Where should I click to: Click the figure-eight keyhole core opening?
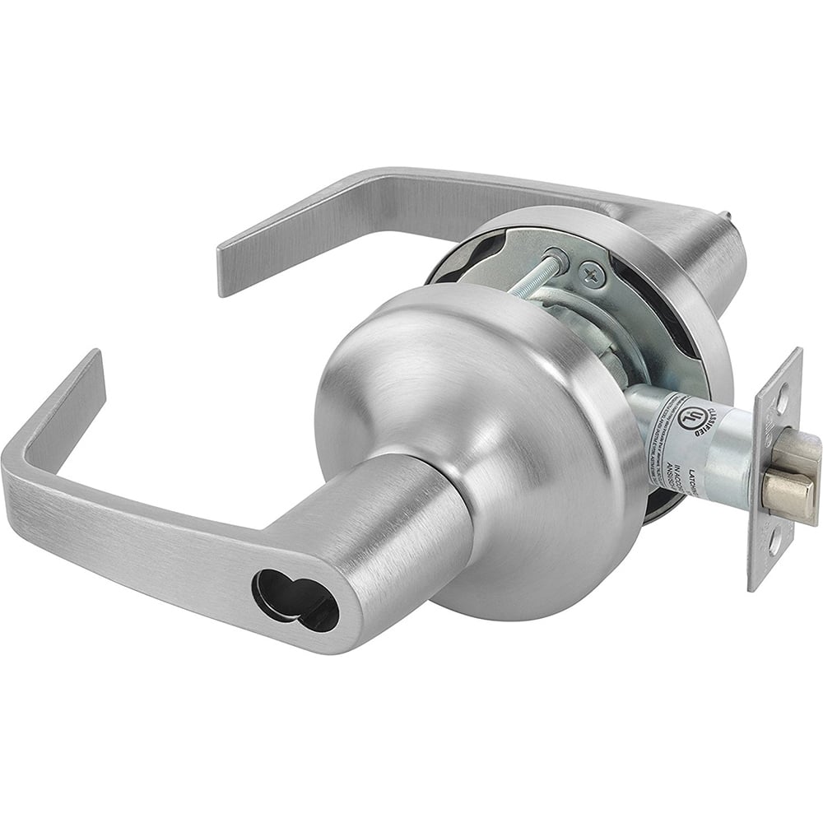(x=295, y=600)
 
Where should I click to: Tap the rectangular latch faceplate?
(x=774, y=469)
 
